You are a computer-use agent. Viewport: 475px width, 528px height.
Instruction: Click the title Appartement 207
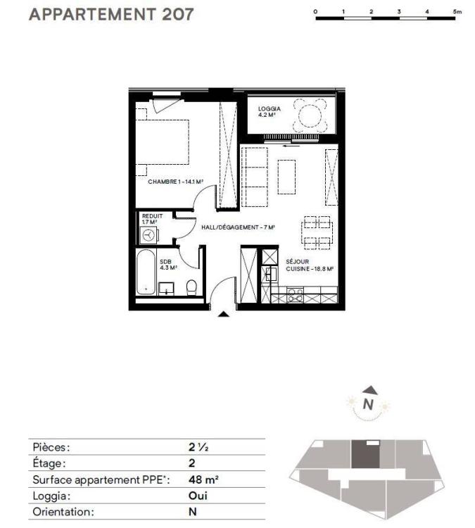111,14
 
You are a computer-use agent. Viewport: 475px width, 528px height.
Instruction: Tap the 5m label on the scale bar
457,11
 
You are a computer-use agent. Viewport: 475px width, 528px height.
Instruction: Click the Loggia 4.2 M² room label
270,111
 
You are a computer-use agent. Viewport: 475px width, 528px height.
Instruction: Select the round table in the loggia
310,115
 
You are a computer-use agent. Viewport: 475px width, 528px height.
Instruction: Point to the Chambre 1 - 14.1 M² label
175,182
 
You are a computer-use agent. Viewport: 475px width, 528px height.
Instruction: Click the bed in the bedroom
163,142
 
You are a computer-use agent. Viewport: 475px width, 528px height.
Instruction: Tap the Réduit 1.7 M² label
152,219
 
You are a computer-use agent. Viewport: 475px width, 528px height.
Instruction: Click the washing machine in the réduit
148,235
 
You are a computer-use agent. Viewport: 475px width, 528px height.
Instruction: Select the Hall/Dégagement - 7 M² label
238,227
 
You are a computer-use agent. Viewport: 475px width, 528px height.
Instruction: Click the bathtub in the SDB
146,272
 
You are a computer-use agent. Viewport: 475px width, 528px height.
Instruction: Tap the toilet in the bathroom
191,288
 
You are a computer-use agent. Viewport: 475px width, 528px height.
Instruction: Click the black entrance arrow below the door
224,314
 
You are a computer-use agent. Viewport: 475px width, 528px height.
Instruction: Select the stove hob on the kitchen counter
296,295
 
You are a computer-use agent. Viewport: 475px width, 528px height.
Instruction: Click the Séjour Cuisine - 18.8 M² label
310,265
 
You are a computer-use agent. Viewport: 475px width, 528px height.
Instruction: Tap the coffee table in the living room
286,177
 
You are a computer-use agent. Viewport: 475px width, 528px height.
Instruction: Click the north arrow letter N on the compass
369,404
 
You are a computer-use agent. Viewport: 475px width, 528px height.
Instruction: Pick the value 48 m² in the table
203,479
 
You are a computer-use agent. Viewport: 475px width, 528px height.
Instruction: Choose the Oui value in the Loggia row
198,496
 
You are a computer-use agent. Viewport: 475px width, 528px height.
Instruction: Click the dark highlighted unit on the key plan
366,454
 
